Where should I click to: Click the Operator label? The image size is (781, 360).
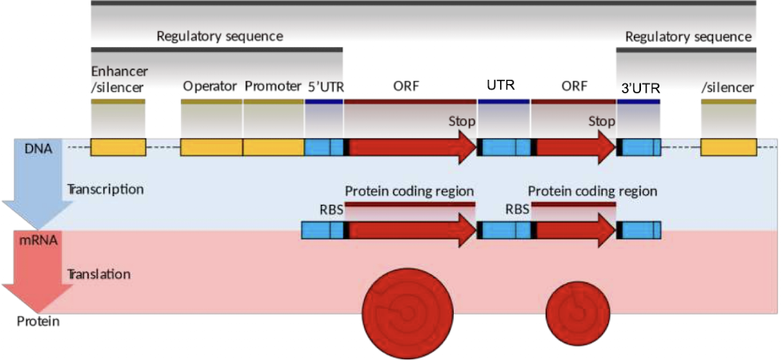pos(210,86)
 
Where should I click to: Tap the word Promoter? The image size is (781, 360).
pos(272,86)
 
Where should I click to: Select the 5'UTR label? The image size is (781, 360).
pos(325,86)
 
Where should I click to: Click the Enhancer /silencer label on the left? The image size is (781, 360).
pos(118,78)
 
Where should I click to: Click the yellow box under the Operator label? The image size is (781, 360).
pos(212,147)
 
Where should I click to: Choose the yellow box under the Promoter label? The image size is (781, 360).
pos(274,147)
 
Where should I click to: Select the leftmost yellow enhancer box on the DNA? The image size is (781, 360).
pos(118,147)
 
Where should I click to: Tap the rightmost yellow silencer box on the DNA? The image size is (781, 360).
pos(728,147)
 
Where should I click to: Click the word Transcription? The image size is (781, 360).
pos(105,190)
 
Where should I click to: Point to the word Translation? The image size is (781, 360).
pos(98,274)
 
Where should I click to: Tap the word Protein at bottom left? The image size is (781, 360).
pos(38,322)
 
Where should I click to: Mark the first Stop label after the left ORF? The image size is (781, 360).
pos(462,122)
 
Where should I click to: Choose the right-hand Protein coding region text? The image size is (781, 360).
pos(592,192)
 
